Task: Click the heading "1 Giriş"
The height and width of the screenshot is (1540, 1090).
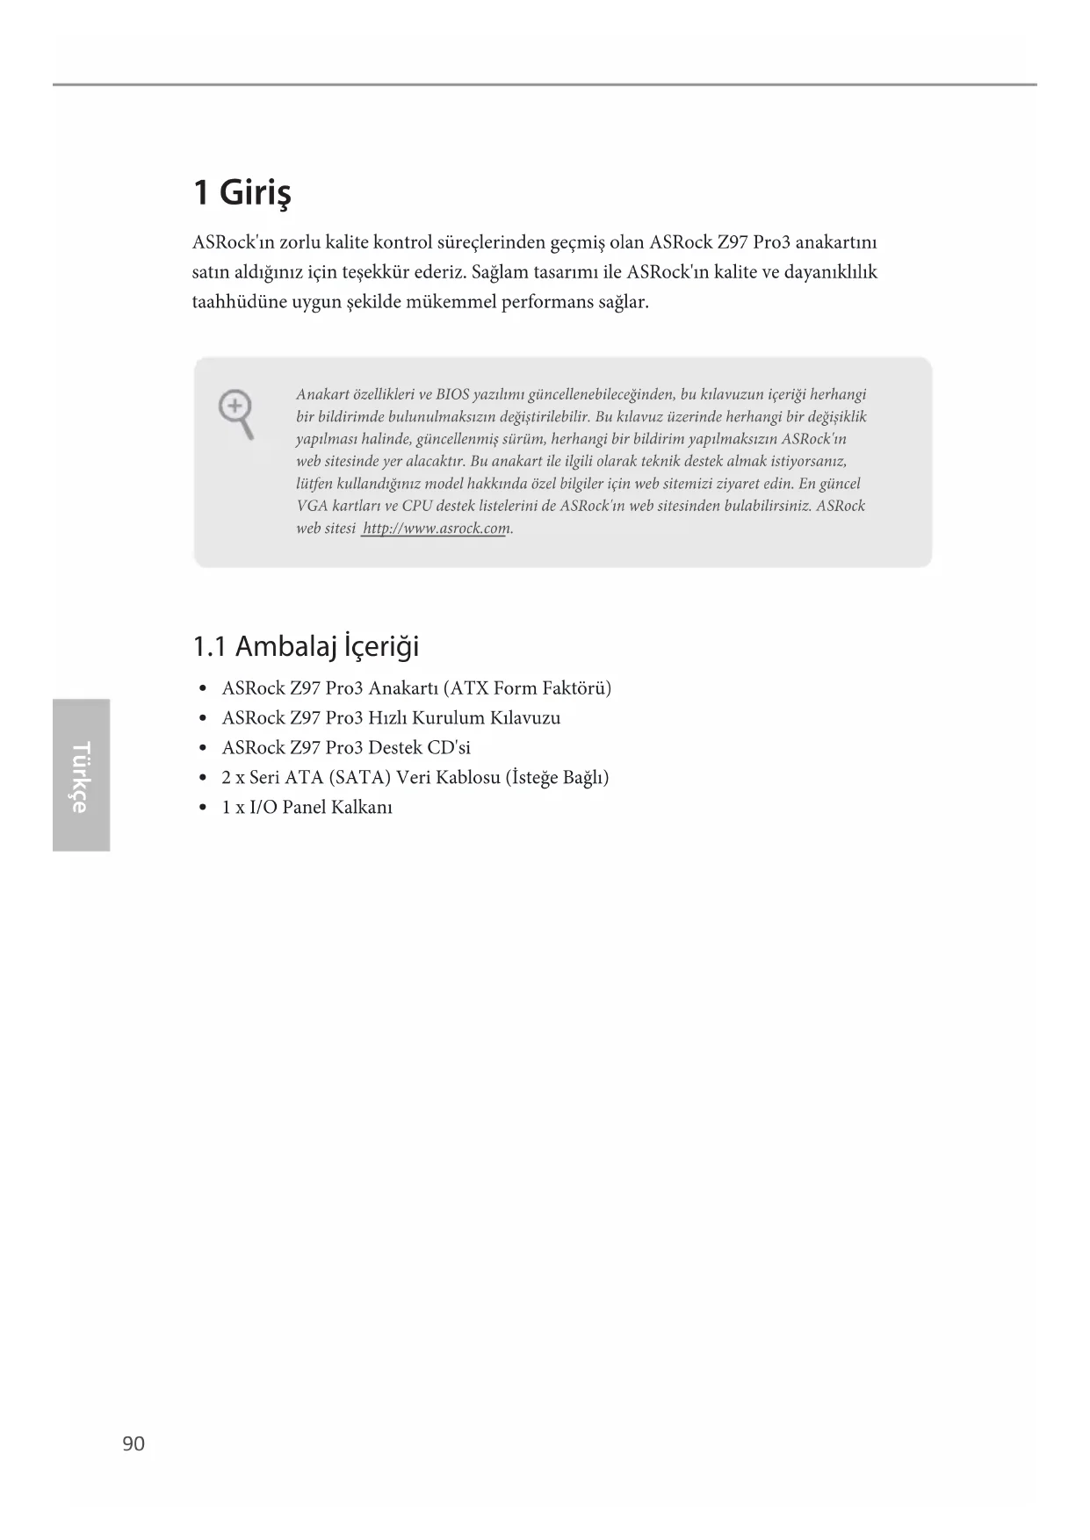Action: tap(242, 192)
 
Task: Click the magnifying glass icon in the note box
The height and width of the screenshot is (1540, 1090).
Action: tap(236, 414)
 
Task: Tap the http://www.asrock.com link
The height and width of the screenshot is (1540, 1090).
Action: tap(436, 529)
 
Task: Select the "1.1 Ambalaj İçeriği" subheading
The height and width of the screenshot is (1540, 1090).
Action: tap(306, 647)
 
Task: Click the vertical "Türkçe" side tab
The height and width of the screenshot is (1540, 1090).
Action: tap(81, 776)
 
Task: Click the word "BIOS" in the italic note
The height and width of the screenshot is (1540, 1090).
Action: tap(452, 395)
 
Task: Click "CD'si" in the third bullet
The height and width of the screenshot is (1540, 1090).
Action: tap(449, 748)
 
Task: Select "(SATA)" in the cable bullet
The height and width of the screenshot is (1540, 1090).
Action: tap(359, 778)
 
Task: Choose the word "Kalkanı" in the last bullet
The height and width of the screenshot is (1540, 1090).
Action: tap(362, 808)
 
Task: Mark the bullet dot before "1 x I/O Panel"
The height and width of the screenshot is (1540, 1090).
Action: tap(204, 808)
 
